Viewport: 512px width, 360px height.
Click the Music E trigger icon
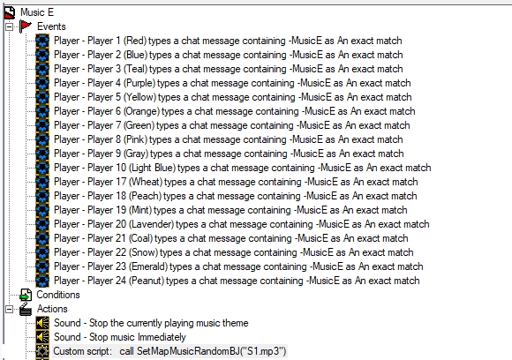(10, 12)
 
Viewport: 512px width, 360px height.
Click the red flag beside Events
(25, 26)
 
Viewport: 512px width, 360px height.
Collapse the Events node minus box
(9, 26)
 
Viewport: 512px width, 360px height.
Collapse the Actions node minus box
(9, 309)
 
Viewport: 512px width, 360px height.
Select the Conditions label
(58, 295)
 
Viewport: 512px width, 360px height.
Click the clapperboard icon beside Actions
(26, 309)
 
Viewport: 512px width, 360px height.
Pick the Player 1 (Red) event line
(228, 41)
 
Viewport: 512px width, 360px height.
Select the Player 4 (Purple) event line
(232, 83)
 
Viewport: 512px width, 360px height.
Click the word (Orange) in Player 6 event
(141, 111)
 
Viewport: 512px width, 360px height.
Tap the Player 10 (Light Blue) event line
(242, 168)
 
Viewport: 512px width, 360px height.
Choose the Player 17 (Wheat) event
(236, 182)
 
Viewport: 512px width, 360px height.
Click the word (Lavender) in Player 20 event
(151, 224)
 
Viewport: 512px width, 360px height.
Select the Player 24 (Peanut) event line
(237, 281)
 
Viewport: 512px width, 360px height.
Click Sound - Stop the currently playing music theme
(151, 323)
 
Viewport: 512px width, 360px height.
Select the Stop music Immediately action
(120, 337)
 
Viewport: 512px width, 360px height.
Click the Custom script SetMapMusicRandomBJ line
(169, 351)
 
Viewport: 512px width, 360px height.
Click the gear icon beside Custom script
(42, 351)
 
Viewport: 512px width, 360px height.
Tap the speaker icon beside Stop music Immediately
(42, 337)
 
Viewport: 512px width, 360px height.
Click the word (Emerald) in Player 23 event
(148, 266)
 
